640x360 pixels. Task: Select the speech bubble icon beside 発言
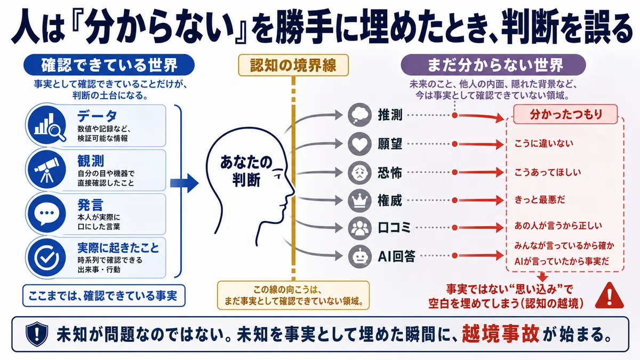(x=47, y=213)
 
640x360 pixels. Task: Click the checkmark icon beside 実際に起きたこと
(x=47, y=257)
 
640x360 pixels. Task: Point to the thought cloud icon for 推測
(x=359, y=115)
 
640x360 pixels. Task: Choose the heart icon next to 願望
(x=359, y=144)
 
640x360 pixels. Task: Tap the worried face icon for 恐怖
(x=359, y=172)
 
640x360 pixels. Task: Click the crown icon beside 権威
(x=359, y=201)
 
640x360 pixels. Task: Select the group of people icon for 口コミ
(x=359, y=228)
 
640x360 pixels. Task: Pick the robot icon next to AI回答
(x=359, y=257)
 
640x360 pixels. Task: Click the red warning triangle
(x=610, y=297)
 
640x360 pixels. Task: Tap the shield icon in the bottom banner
(x=37, y=334)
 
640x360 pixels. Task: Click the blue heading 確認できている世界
(x=109, y=65)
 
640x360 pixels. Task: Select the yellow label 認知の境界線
(x=293, y=65)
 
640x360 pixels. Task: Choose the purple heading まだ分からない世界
(x=493, y=65)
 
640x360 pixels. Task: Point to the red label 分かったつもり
(x=565, y=114)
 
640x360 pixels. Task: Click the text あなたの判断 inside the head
(x=246, y=171)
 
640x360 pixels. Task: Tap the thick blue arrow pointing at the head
(x=185, y=183)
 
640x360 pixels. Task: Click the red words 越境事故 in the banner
(x=501, y=334)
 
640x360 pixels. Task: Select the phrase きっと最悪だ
(x=540, y=199)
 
